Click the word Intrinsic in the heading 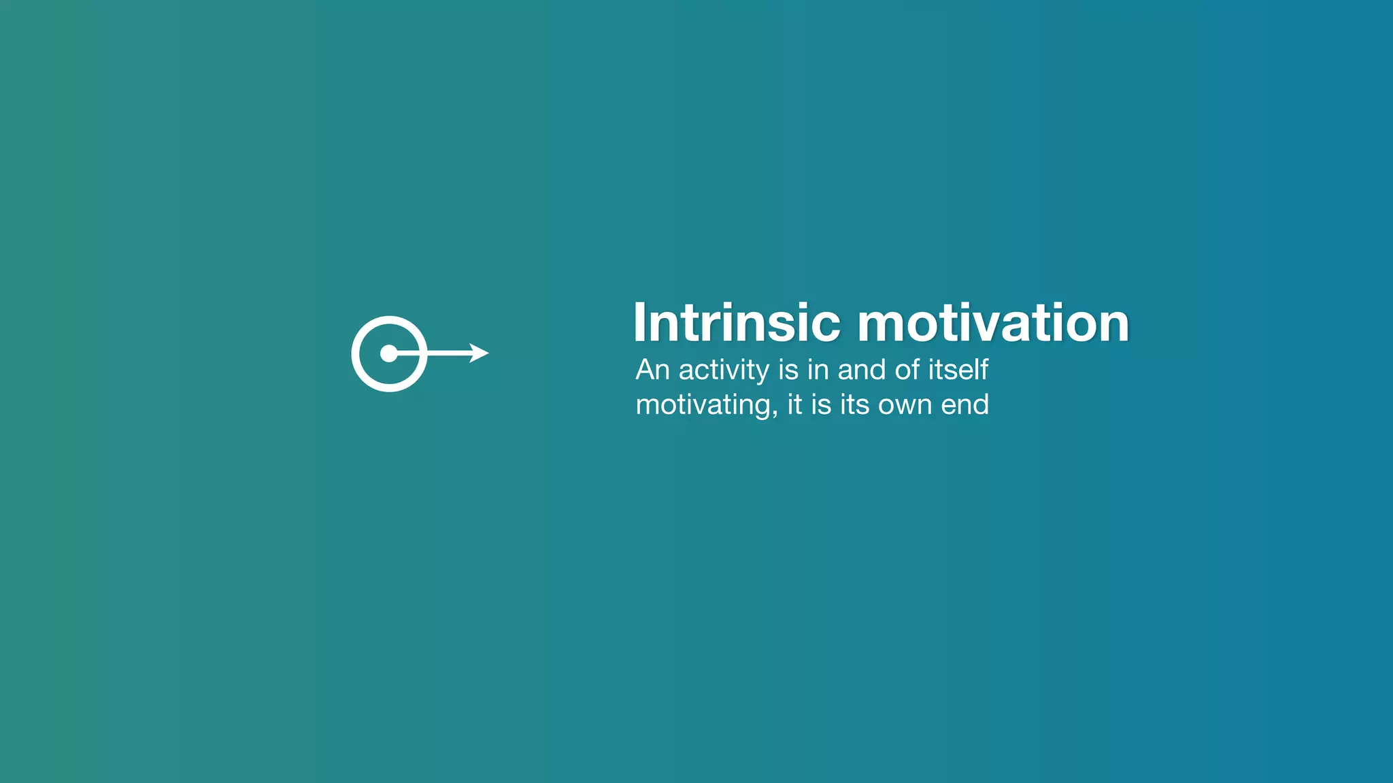pyautogui.click(x=736, y=323)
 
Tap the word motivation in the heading pyautogui.click(x=993, y=323)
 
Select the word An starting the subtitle pyautogui.click(x=652, y=370)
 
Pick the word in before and pyautogui.click(x=818, y=370)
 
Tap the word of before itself pyautogui.click(x=907, y=370)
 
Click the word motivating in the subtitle pyautogui.click(x=702, y=406)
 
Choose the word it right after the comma pyautogui.click(x=794, y=404)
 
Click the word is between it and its pyautogui.click(x=821, y=404)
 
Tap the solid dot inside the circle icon pyautogui.click(x=388, y=353)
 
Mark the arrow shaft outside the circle pyautogui.click(x=449, y=353)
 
